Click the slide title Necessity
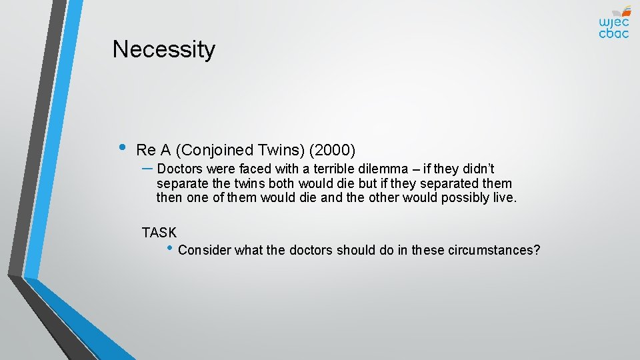coord(164,49)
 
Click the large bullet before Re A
coord(122,148)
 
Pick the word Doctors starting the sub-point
coord(179,169)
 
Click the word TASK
coord(159,233)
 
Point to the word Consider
coord(205,251)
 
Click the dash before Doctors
coord(148,168)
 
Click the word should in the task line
coord(357,251)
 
